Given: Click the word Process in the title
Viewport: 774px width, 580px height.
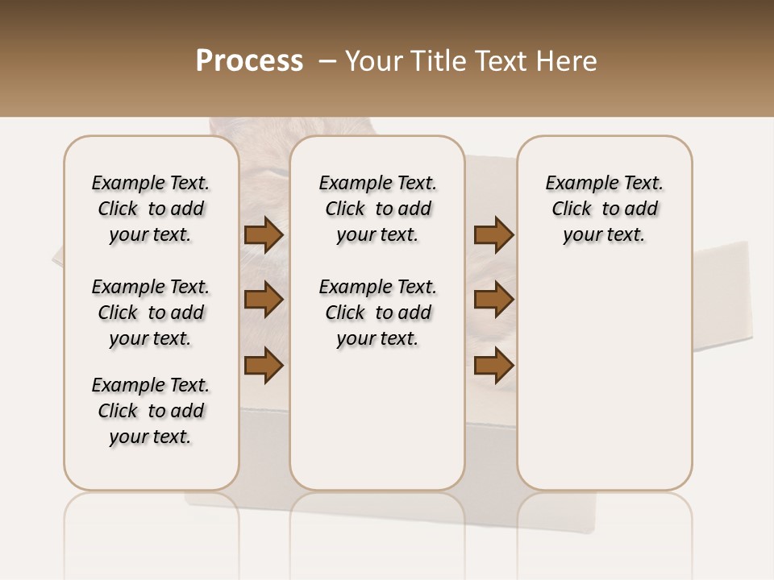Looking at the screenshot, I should (x=249, y=61).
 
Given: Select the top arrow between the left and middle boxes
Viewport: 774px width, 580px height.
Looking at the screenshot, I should (x=264, y=234).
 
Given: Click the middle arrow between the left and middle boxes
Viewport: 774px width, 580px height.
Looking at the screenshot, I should (x=264, y=300).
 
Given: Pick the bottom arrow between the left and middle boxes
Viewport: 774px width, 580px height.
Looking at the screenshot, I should (x=264, y=365).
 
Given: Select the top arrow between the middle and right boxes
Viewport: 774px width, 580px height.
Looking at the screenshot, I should (x=493, y=234).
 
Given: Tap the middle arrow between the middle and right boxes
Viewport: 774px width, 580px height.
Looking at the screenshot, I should (x=493, y=300).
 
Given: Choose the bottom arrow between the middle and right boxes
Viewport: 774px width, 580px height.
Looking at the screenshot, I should (x=493, y=365).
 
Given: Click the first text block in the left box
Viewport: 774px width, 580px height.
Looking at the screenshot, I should (x=151, y=209).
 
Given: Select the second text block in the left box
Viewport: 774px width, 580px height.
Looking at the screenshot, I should (x=151, y=313).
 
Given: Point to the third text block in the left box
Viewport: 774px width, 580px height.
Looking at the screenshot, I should (x=151, y=411).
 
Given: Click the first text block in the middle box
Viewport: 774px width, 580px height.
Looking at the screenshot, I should (x=378, y=209).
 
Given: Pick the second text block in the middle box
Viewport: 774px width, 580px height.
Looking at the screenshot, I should (x=378, y=313).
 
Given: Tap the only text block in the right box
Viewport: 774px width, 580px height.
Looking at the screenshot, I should (x=605, y=209).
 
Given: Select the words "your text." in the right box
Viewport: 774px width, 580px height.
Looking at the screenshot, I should (x=605, y=235).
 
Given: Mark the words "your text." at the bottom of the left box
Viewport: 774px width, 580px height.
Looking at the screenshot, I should (x=151, y=437).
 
